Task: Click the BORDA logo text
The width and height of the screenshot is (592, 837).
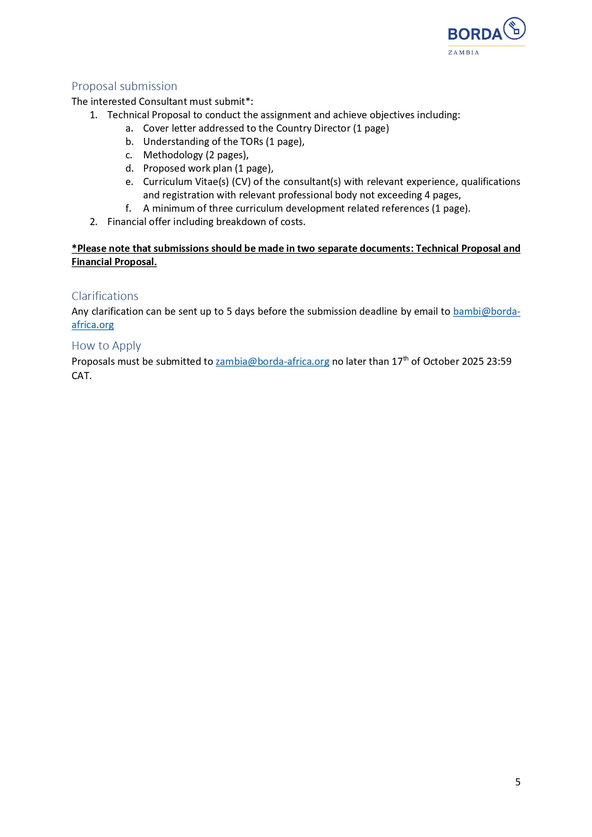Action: pyautogui.click(x=475, y=34)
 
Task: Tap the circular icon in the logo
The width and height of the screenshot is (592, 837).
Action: pyautogui.click(x=514, y=29)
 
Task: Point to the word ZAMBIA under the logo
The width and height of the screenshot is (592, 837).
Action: pyautogui.click(x=463, y=52)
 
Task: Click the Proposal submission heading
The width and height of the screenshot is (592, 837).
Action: pyautogui.click(x=124, y=86)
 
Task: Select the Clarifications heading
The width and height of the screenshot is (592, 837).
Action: pyautogui.click(x=105, y=296)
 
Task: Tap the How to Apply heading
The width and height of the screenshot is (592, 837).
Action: pyautogui.click(x=106, y=346)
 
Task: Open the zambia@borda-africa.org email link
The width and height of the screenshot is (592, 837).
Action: pyautogui.click(x=272, y=362)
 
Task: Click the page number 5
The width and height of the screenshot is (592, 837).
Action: pyautogui.click(x=518, y=782)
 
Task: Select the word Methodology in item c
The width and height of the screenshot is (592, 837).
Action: pyautogui.click(x=173, y=155)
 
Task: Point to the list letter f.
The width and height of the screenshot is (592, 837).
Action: pyautogui.click(x=128, y=208)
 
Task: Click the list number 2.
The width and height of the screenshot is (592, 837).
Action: pyautogui.click(x=93, y=222)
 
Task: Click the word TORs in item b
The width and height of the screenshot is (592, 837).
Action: pyautogui.click(x=251, y=142)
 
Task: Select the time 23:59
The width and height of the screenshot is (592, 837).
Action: pyautogui.click(x=499, y=362)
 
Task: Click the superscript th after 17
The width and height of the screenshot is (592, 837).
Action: pyautogui.click(x=406, y=359)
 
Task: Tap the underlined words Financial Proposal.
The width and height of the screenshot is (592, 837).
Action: pyautogui.click(x=114, y=262)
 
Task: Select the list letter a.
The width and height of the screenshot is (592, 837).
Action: pyautogui.click(x=129, y=128)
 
